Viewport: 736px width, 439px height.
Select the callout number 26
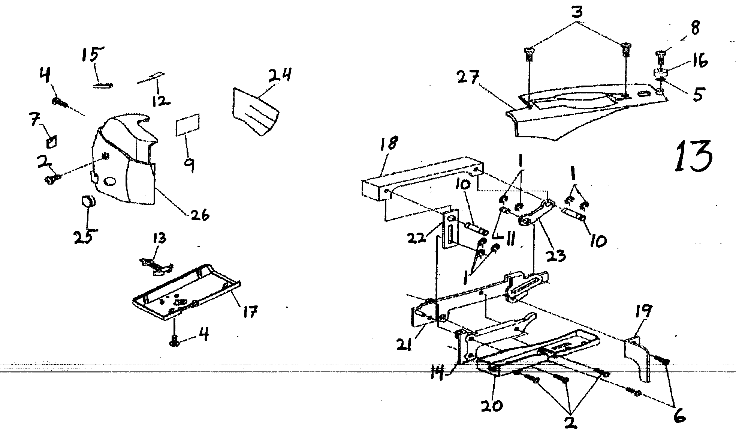click(x=199, y=215)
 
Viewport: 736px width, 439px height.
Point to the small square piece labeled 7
click(x=52, y=143)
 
